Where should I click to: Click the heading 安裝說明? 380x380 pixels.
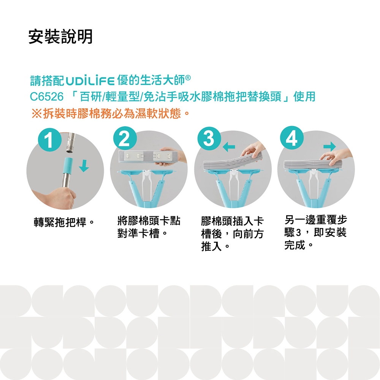[60, 36]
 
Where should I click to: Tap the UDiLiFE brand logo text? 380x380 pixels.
[90, 81]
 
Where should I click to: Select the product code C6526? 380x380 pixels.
[46, 97]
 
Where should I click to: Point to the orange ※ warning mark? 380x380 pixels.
[36, 113]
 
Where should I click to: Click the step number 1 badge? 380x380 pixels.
[49, 140]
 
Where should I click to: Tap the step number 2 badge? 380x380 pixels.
[125, 138]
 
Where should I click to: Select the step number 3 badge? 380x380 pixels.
[209, 139]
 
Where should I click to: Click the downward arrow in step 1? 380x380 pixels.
[84, 166]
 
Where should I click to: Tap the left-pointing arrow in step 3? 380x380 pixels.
[229, 147]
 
